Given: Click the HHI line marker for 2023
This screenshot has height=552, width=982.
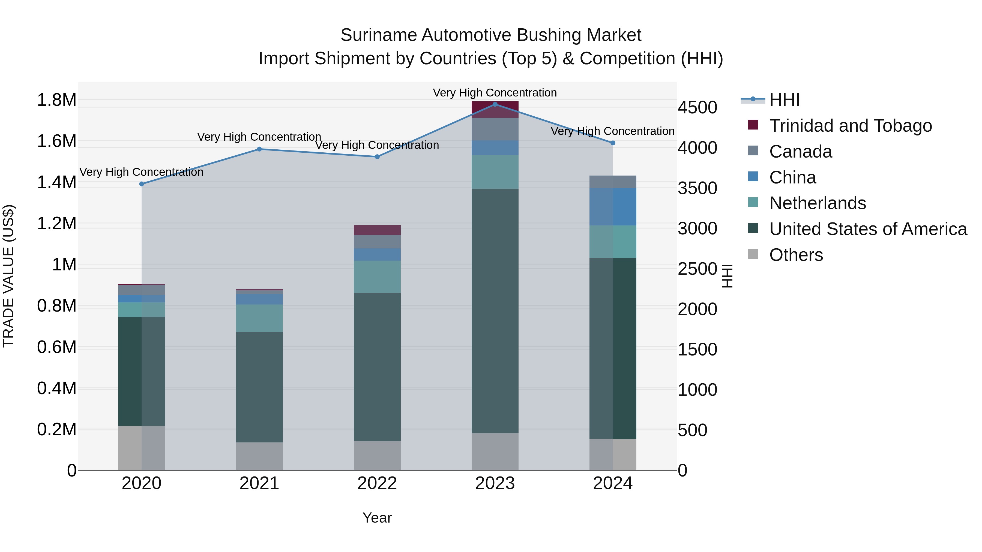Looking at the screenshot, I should pos(495,104).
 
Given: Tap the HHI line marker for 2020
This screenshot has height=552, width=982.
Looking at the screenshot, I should pos(141,184).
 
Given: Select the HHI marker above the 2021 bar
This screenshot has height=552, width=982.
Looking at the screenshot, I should pos(259,149).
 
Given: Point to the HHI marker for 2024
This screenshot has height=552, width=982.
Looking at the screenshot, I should pos(613,143).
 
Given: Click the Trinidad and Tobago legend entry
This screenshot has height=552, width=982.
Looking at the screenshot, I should pos(850,126).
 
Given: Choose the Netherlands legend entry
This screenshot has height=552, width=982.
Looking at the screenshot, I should pos(817,203).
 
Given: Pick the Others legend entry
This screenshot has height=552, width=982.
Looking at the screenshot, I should pos(796,255).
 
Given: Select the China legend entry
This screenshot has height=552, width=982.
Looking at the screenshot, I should pos(792,177).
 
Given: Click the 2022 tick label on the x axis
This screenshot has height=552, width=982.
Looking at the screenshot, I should pos(377,483).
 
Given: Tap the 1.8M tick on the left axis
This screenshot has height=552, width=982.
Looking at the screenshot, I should pos(56,100).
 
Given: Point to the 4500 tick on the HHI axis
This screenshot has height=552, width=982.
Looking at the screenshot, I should pos(697,108).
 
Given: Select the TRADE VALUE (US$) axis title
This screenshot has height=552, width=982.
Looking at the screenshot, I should pos(8,276).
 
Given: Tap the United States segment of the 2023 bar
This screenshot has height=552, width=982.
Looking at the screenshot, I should pos(495,310).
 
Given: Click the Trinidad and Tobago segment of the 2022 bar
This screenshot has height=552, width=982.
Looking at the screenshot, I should pos(377,230).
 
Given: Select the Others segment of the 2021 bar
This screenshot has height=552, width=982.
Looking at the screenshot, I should pos(259,456).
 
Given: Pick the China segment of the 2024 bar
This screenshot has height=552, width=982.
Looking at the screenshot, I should pos(613,207).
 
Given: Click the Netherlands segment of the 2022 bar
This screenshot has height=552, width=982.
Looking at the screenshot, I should pos(377,277).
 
